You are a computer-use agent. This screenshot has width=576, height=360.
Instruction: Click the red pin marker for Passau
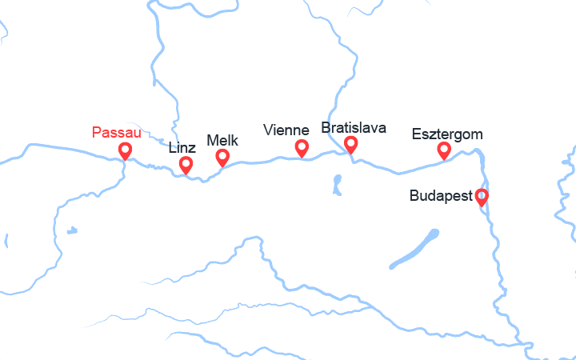click(x=125, y=150)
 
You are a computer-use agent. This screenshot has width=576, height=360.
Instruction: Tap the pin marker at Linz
click(x=186, y=164)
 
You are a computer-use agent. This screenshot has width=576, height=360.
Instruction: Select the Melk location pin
click(x=222, y=157)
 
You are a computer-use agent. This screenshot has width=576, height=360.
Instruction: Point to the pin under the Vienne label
click(x=302, y=146)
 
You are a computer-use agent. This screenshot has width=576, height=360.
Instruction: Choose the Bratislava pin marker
click(x=350, y=143)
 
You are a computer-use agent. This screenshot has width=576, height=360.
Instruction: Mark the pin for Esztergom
click(x=444, y=150)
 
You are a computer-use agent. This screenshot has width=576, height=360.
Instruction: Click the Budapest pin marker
click(x=481, y=195)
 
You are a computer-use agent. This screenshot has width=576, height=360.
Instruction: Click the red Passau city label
click(x=117, y=132)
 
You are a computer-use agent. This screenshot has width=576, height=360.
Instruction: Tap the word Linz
click(x=182, y=147)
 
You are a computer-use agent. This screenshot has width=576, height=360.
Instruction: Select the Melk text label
click(x=222, y=140)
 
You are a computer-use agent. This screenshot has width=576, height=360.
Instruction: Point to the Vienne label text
click(x=286, y=130)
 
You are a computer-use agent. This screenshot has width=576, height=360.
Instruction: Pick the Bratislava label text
click(x=354, y=127)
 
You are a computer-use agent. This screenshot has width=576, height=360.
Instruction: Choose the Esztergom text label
click(x=447, y=134)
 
